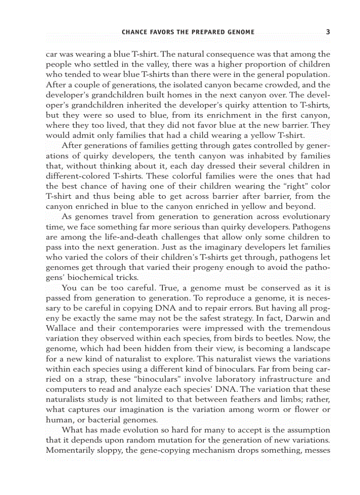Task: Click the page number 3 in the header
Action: pos(328,32)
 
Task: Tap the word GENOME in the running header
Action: pos(240,32)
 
